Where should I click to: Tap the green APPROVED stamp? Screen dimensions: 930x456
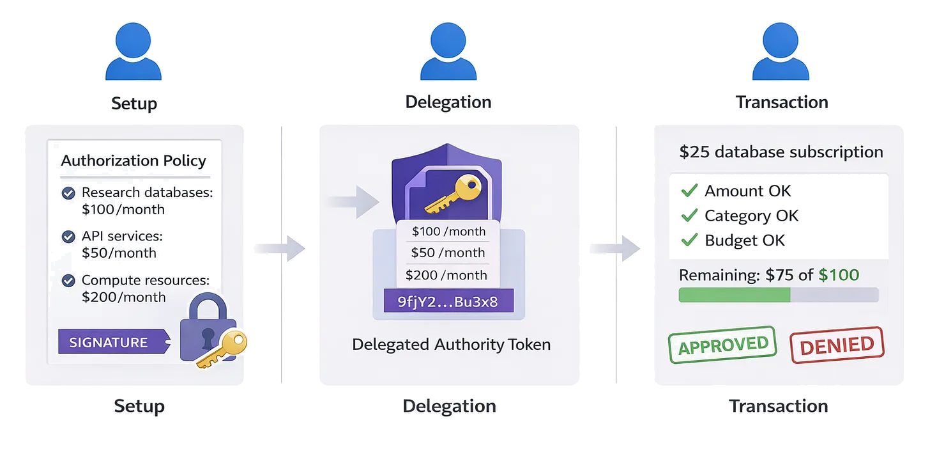click(722, 345)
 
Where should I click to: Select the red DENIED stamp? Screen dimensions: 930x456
click(837, 345)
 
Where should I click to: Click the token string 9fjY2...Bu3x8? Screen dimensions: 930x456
click(448, 302)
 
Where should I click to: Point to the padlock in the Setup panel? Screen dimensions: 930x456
click(208, 329)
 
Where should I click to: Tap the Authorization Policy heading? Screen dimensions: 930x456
click(133, 160)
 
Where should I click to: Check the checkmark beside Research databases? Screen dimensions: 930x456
click(68, 193)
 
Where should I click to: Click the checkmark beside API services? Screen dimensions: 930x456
click(68, 237)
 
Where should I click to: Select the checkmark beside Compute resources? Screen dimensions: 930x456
click(68, 280)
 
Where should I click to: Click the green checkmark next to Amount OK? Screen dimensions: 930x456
click(689, 191)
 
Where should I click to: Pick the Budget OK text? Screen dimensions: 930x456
click(745, 240)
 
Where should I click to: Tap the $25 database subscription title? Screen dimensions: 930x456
click(781, 152)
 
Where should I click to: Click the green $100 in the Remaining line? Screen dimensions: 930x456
click(839, 275)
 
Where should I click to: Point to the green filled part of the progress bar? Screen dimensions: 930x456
click(734, 295)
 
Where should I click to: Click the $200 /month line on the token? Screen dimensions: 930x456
click(446, 275)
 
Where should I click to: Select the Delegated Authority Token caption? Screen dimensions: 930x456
click(451, 344)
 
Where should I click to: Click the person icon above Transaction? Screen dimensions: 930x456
click(781, 51)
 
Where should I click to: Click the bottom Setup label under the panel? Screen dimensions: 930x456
click(139, 405)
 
